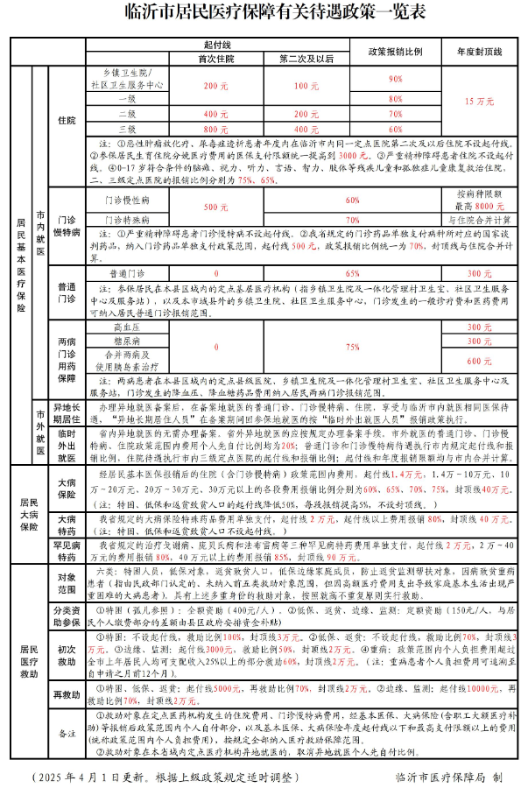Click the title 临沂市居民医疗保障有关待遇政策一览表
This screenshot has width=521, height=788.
[259, 13]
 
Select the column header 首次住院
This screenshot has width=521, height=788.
[216, 59]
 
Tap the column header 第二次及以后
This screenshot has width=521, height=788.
[306, 59]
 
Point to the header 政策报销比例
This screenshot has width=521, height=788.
[395, 52]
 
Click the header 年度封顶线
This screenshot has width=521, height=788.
[478, 52]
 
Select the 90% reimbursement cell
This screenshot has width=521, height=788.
[395, 79]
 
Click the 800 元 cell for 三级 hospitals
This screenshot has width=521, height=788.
[216, 128]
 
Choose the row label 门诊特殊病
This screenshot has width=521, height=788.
[126, 220]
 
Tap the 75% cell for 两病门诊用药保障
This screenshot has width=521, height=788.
[353, 347]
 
